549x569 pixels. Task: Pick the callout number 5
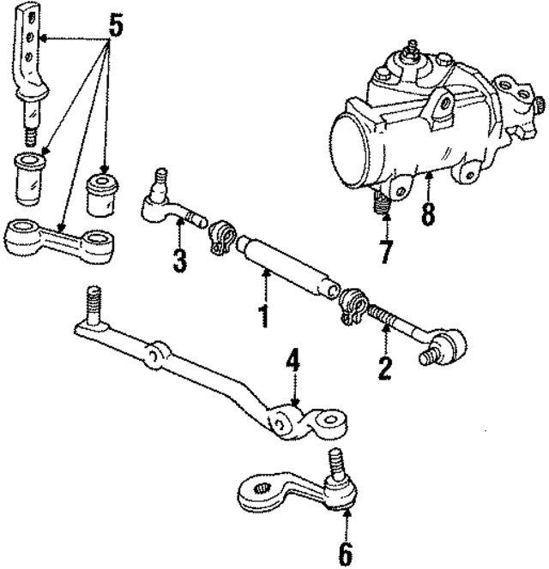pos(115,27)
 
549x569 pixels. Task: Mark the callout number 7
pos(387,252)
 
